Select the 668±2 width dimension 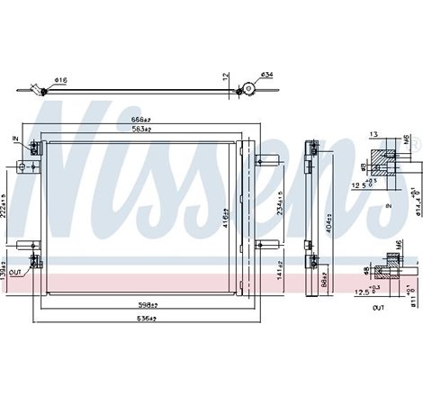pyautogui.click(x=139, y=120)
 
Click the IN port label pyautogui.click(x=16, y=138)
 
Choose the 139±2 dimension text pyautogui.click(x=5, y=267)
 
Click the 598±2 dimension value pyautogui.click(x=139, y=303)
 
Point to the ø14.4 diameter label pyautogui.click(x=418, y=202)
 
